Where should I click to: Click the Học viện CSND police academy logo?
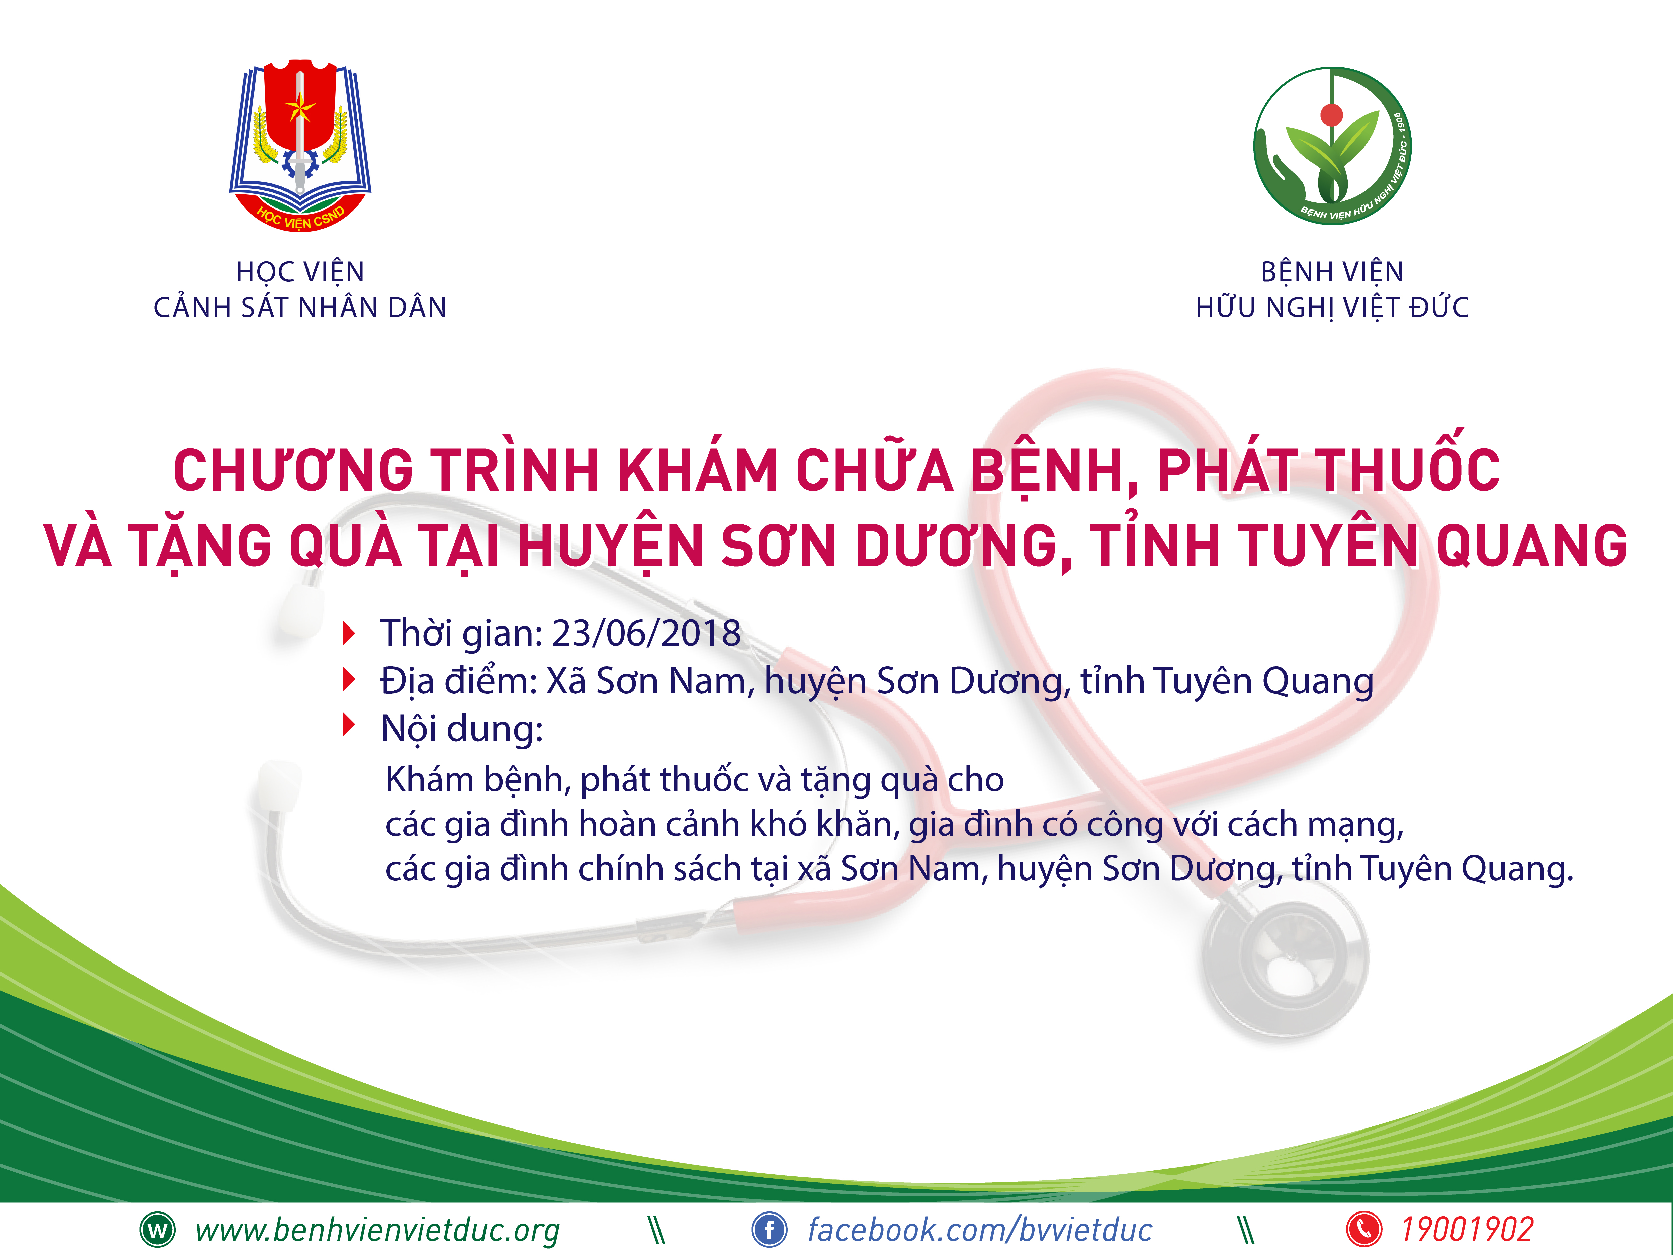300,145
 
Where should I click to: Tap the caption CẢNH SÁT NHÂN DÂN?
300,307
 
